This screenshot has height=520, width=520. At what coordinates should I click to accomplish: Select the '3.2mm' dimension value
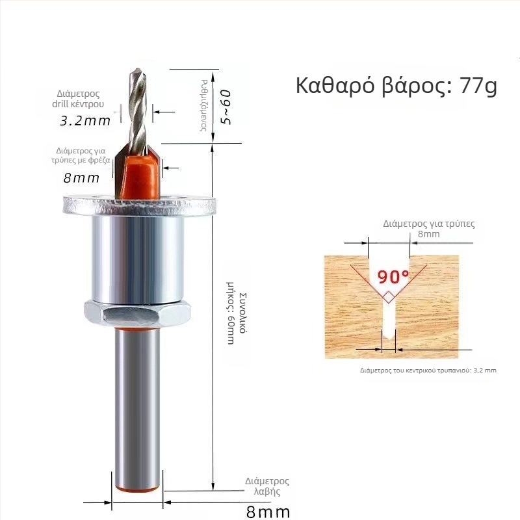(x=84, y=120)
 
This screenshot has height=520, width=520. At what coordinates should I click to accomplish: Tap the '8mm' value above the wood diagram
(x=428, y=234)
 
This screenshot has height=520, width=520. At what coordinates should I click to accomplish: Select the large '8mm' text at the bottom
(x=268, y=512)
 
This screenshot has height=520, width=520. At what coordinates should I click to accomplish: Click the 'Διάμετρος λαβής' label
(x=266, y=487)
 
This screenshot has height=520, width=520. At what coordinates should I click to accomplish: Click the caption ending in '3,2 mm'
(x=428, y=370)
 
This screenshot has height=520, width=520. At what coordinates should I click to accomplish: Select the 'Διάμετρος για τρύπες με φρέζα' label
(x=81, y=155)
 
